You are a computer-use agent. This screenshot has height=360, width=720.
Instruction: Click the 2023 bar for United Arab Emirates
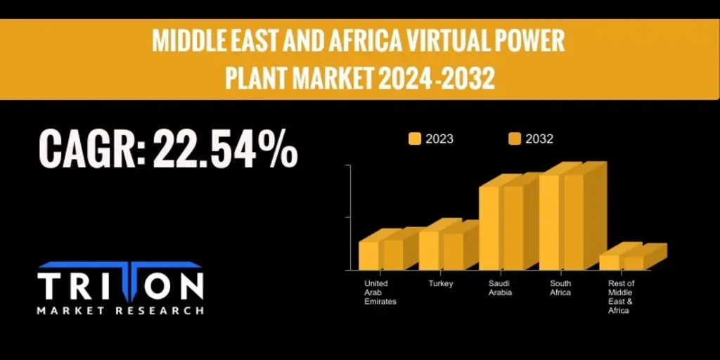pyautogui.click(x=369, y=255)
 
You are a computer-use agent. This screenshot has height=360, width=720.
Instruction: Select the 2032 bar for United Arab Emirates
pyautogui.click(x=393, y=255)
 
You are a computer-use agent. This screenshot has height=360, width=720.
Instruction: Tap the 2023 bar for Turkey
pyautogui.click(x=429, y=250)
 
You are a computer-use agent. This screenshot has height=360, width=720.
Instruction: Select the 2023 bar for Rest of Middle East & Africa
pyautogui.click(x=609, y=262)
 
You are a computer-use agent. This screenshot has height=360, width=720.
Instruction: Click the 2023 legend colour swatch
pyautogui.click(x=415, y=139)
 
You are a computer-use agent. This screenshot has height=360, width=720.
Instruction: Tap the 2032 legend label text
pyautogui.click(x=539, y=139)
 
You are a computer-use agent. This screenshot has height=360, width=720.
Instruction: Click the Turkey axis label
pyautogui.click(x=441, y=284)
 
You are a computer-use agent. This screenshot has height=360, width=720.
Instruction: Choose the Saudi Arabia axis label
pyautogui.click(x=500, y=288)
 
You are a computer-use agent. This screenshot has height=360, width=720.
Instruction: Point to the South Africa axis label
pyautogui.click(x=560, y=288)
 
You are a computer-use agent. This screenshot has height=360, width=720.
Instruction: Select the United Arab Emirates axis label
pyautogui.click(x=380, y=292)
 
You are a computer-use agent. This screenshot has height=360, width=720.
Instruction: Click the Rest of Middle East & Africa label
pyautogui.click(x=621, y=297)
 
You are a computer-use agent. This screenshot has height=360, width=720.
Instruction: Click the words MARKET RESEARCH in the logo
pyautogui.click(x=120, y=310)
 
